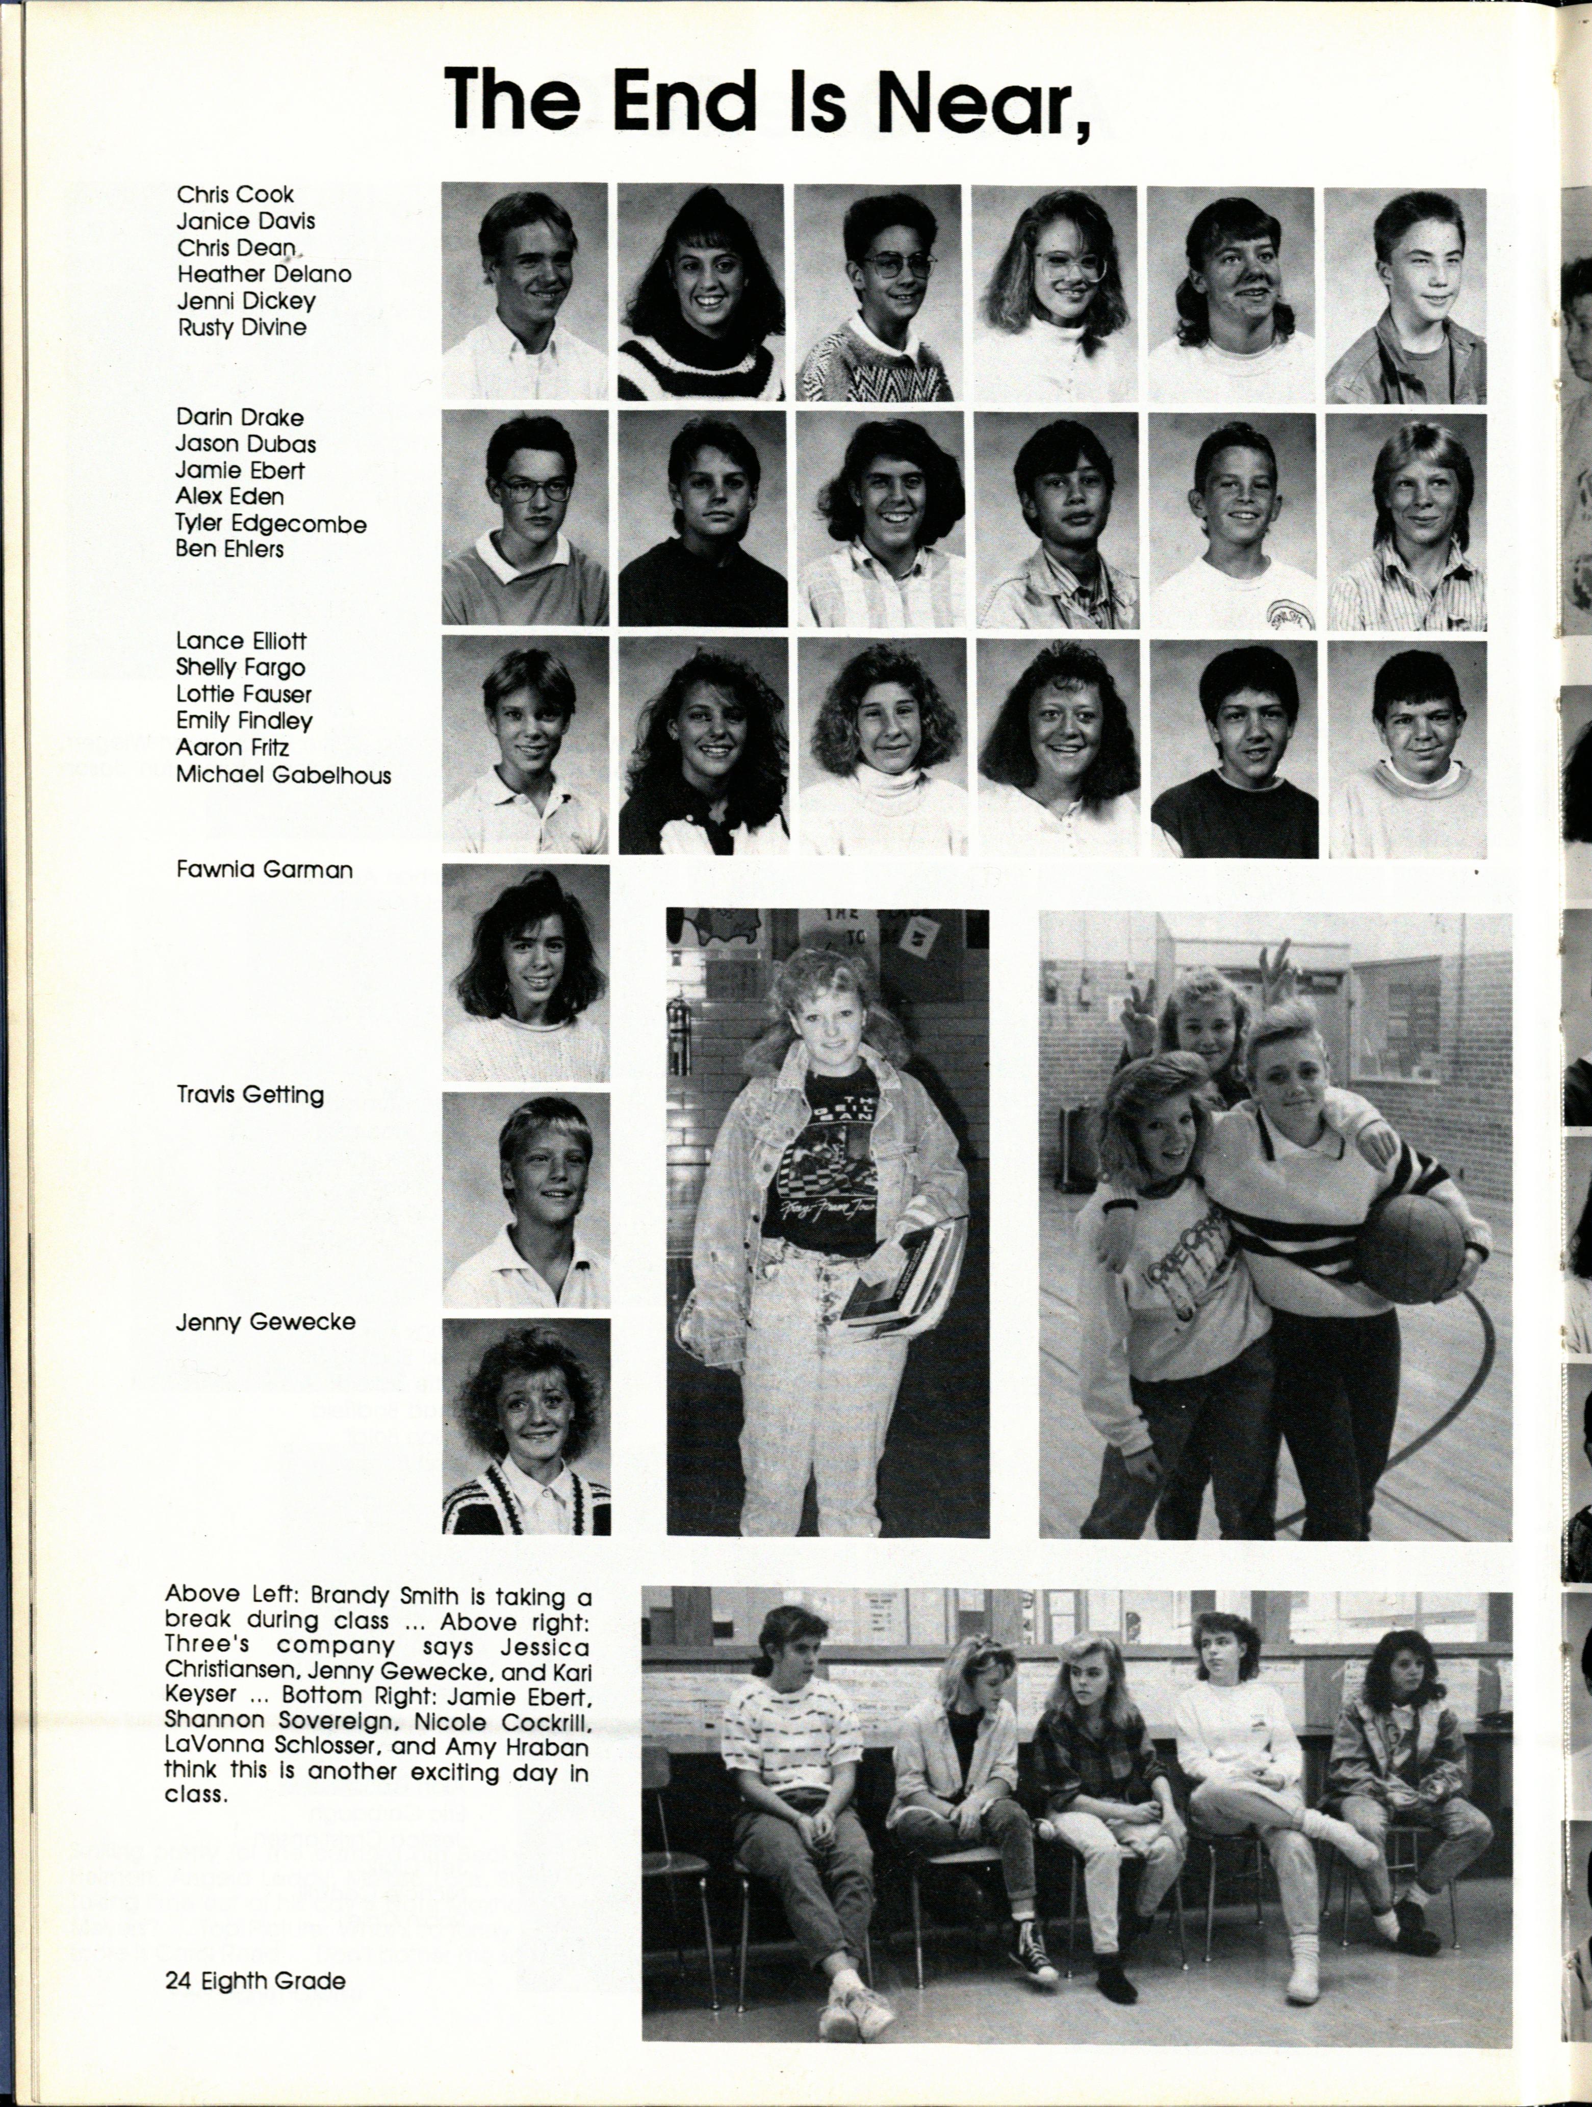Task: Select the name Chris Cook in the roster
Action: (x=235, y=194)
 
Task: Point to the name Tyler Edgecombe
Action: (x=271, y=523)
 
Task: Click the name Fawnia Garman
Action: (x=264, y=869)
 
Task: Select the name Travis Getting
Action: (x=250, y=1094)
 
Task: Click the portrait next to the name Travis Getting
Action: (x=526, y=1200)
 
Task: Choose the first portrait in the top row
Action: (x=524, y=292)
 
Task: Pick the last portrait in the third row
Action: (x=1407, y=749)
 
